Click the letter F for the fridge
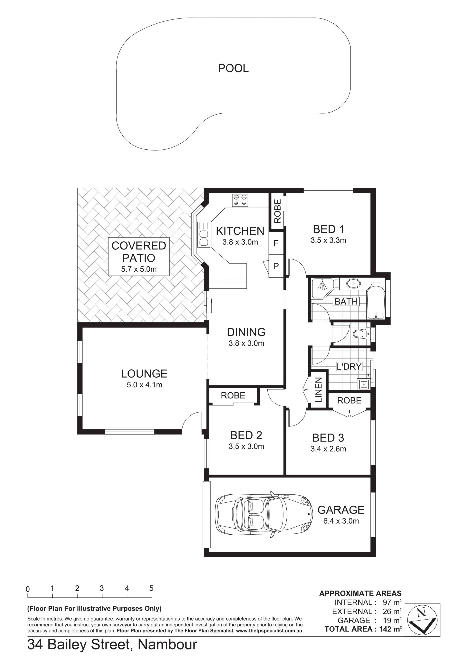(276, 243)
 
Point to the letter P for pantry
(276, 266)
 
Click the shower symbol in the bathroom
(322, 288)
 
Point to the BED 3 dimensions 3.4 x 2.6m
(328, 449)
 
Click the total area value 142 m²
(390, 629)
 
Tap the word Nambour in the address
(167, 644)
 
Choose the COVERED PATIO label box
(139, 257)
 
